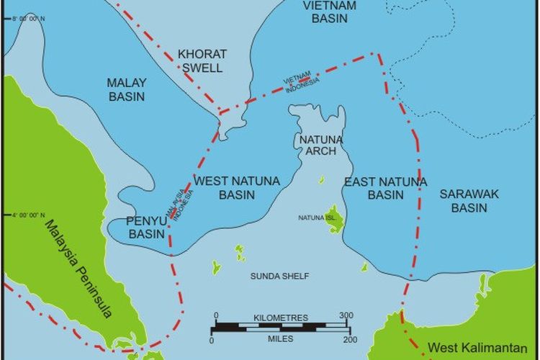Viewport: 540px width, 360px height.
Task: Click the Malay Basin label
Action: coord(126,89)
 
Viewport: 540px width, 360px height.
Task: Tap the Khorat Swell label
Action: coord(202,61)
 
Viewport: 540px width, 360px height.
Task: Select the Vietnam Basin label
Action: coord(330,12)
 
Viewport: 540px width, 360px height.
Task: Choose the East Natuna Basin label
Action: coord(385,188)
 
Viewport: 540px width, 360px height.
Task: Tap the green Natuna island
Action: coord(334,220)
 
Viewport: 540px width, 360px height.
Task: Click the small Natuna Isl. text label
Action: coord(318,217)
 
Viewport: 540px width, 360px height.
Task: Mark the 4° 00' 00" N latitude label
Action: coord(28,215)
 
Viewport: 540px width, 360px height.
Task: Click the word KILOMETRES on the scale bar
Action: coord(281,318)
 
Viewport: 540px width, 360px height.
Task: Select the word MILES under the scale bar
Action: coord(281,338)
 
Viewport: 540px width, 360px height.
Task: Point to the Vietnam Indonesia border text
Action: coord(299,84)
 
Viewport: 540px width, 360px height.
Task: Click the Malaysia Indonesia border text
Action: coord(180,204)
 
